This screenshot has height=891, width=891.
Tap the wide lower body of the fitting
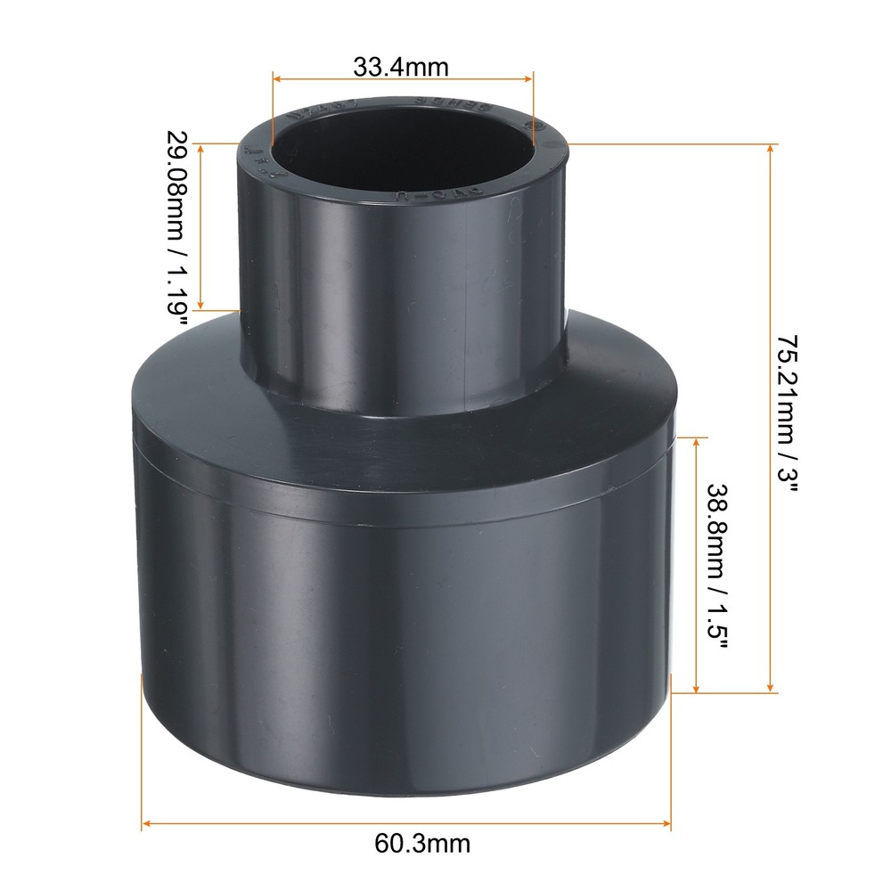coord(401,606)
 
